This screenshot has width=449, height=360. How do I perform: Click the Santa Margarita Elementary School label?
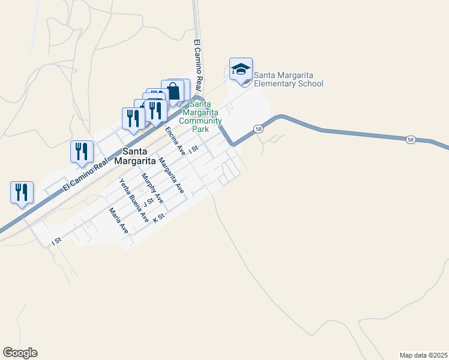288,79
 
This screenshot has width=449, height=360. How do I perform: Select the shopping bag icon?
173,92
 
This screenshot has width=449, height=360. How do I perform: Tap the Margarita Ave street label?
170,174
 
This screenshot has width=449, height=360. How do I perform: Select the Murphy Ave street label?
151,188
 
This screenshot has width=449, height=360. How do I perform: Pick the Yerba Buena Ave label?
134,201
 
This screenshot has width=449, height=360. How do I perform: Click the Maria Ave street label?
118,221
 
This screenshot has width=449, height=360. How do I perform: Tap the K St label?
159,218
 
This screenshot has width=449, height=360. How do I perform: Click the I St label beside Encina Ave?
193,149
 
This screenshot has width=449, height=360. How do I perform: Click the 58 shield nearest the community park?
258,129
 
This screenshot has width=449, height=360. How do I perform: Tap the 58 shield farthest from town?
411,139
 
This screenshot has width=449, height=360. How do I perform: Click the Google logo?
20,353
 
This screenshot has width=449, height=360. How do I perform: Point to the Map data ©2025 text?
423,355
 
